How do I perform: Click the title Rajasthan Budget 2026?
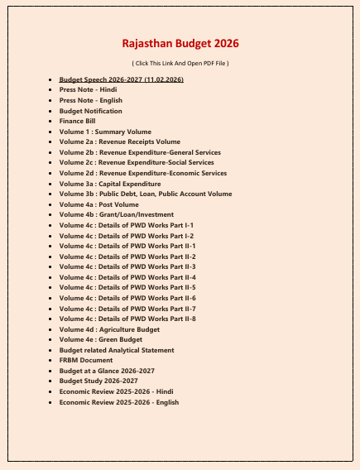[180, 43]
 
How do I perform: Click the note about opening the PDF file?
[180, 63]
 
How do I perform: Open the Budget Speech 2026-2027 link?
[122, 79]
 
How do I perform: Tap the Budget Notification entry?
[91, 111]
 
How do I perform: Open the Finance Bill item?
[78, 121]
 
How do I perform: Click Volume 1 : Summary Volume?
[105, 132]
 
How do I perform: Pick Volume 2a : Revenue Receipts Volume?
[119, 141]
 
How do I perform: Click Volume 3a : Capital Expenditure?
[110, 184]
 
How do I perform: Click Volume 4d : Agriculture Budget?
[109, 329]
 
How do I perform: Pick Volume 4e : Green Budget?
[100, 339]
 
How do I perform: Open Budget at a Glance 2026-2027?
[107, 371]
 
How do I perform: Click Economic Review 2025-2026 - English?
[119, 402]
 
